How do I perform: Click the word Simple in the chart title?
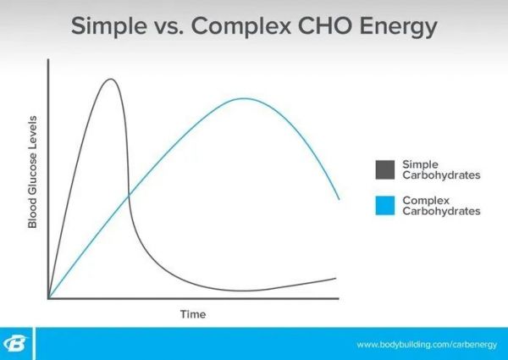109,26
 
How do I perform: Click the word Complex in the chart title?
241,26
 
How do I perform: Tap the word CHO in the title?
325,25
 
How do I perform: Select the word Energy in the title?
398,27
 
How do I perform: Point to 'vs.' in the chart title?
168,29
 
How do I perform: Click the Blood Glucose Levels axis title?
33,172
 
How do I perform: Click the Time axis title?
193,314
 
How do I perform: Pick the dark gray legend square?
385,169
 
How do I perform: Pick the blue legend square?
385,206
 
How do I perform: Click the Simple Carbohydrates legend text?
441,169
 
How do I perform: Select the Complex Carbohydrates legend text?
441,206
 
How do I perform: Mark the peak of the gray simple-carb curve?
111,79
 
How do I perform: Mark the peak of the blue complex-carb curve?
245,98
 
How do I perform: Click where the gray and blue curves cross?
129,195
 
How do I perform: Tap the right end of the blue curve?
339,199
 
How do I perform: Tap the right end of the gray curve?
335,279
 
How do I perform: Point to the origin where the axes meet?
48,298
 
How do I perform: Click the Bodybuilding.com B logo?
15,343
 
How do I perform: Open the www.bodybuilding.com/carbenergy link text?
427,344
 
